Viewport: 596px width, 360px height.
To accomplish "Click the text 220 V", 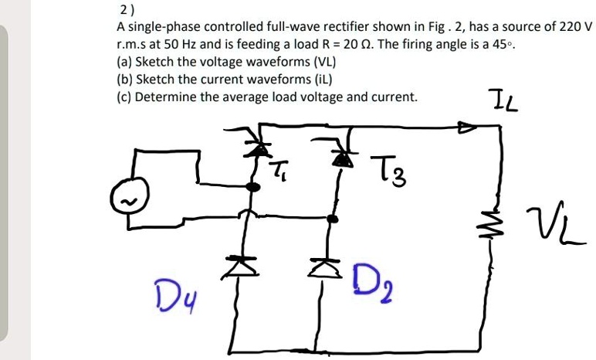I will pos(574,26).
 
